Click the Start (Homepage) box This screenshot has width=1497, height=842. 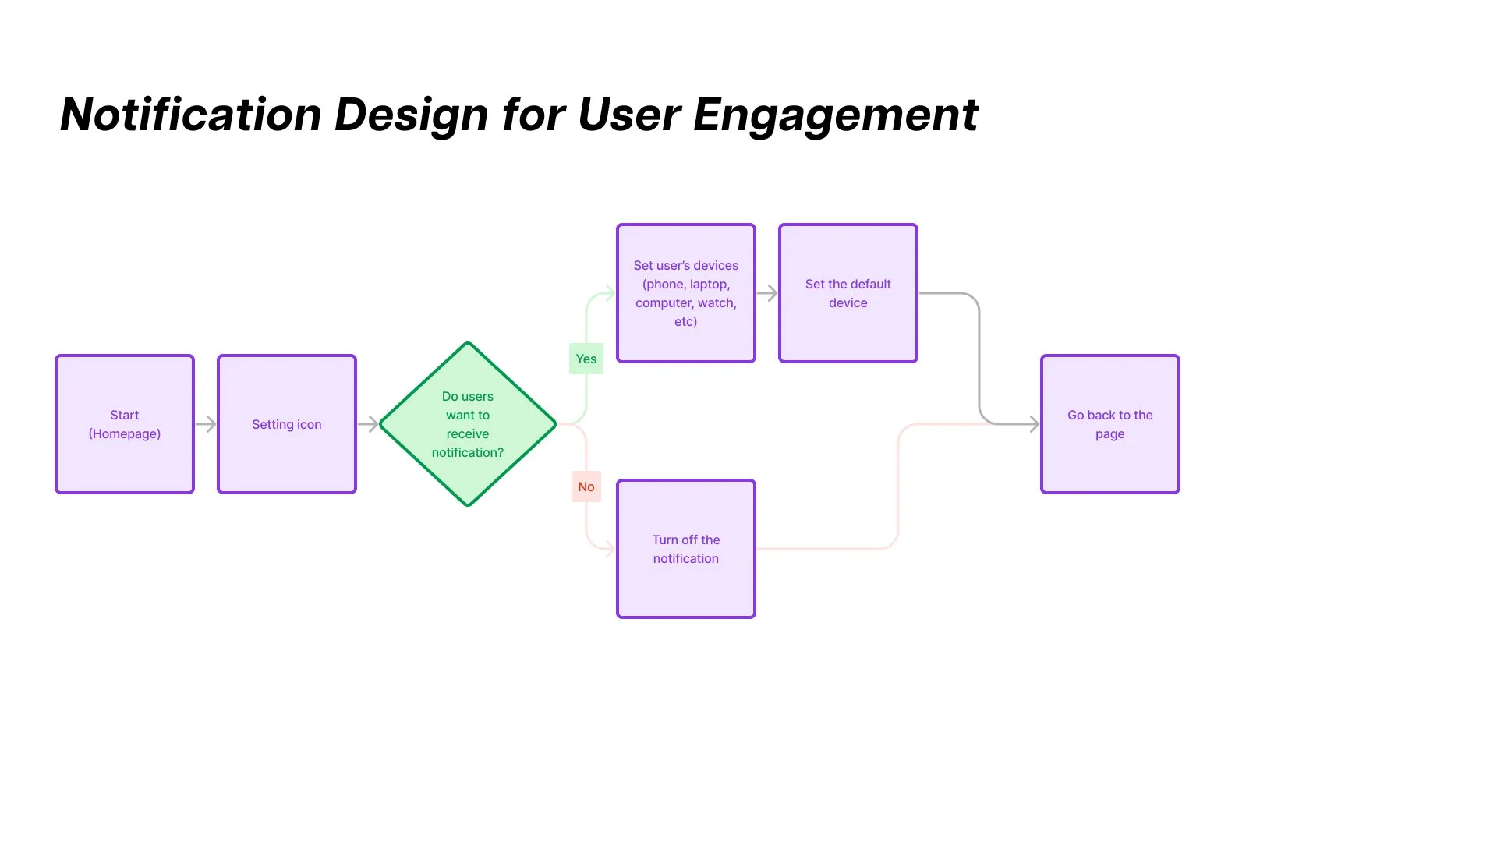(125, 424)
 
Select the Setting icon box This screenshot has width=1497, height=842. (287, 424)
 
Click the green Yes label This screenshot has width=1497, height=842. (586, 359)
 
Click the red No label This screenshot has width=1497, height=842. (586, 486)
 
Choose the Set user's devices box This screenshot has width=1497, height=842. (686, 293)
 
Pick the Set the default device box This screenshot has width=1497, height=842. (848, 293)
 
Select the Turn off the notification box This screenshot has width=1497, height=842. (686, 549)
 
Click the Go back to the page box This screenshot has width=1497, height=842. (1110, 424)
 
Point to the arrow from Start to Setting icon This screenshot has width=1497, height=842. (206, 424)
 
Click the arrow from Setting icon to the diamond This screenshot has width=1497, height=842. (368, 424)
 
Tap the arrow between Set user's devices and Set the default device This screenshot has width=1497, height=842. (767, 293)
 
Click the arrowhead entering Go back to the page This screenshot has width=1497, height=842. (1034, 424)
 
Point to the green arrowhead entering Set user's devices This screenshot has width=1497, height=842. (610, 294)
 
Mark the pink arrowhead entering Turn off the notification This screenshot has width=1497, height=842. (610, 549)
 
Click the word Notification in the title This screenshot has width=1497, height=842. (190, 115)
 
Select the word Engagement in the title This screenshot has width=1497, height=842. (835, 115)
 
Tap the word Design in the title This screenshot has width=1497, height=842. (412, 115)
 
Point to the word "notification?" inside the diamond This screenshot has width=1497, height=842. (468, 452)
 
